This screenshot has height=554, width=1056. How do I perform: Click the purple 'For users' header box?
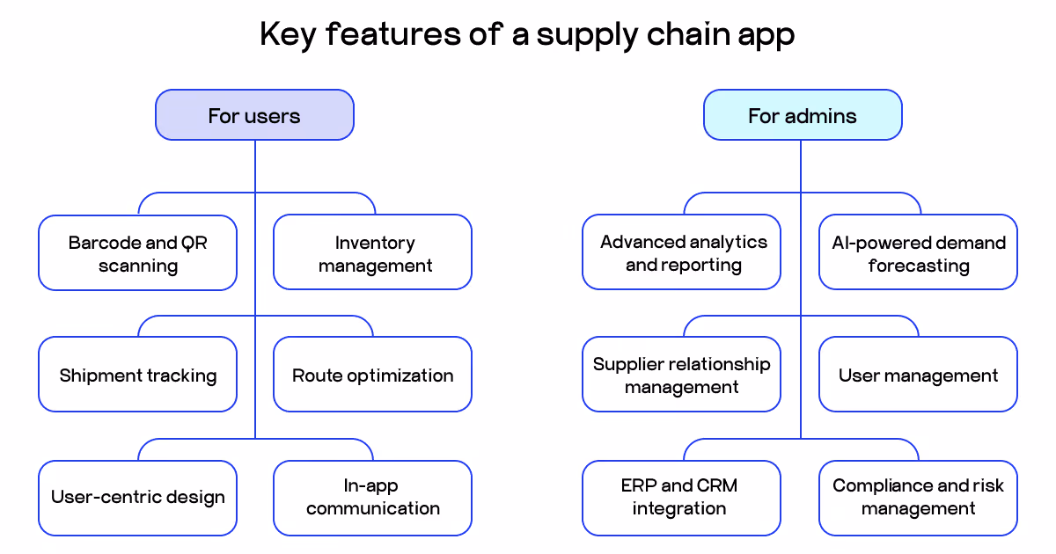[x=254, y=115]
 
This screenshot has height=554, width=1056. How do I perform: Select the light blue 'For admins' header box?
[x=802, y=115]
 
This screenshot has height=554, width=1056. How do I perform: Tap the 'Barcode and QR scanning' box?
[x=137, y=253]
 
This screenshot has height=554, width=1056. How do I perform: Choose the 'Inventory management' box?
[x=372, y=253]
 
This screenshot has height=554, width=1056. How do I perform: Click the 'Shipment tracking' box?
[x=137, y=375]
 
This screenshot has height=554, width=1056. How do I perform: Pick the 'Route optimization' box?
[x=372, y=375]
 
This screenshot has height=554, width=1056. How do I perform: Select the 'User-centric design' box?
[x=137, y=498]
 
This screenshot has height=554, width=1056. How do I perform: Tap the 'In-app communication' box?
[x=372, y=498]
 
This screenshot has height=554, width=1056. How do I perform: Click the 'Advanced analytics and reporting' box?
[x=681, y=253]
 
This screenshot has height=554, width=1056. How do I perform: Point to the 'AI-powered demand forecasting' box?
[x=918, y=253]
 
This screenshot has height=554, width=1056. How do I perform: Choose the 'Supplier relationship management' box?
[x=681, y=375]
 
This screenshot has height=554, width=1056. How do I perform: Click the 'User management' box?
[x=918, y=375]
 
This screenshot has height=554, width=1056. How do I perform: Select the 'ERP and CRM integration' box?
[x=681, y=498]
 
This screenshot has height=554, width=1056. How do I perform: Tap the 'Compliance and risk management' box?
[x=918, y=498]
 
